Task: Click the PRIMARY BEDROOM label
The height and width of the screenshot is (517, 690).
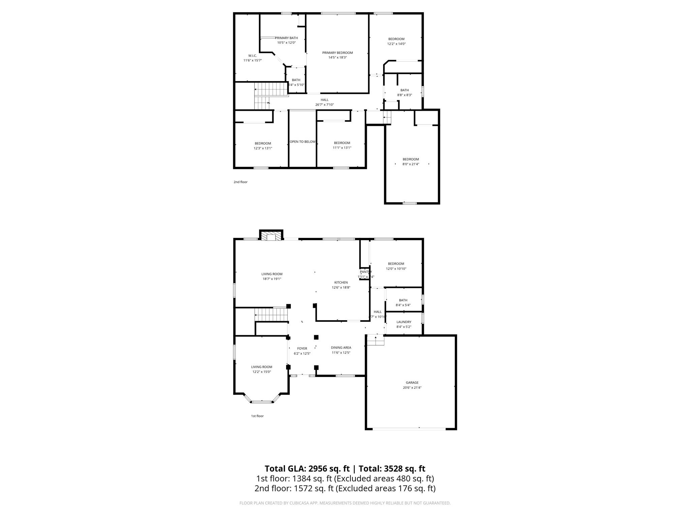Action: click(x=337, y=53)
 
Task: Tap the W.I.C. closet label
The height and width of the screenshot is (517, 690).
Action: click(x=252, y=56)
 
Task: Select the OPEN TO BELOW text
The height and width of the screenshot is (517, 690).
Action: click(x=303, y=142)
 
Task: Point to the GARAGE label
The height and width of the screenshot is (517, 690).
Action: click(x=412, y=383)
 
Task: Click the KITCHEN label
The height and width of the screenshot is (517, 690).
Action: click(x=341, y=283)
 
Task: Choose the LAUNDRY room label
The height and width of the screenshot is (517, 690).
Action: click(x=404, y=322)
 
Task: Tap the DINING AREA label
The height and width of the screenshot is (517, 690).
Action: click(x=341, y=348)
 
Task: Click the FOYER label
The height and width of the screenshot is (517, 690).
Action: click(x=302, y=349)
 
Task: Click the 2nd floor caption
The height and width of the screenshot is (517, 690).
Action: click(x=241, y=182)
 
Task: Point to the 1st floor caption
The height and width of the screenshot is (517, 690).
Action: click(x=257, y=416)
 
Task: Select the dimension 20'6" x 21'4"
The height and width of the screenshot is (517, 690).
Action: click(x=412, y=388)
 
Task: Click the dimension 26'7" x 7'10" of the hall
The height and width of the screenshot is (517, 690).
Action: click(x=324, y=105)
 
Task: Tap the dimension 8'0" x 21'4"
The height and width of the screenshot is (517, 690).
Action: click(x=411, y=164)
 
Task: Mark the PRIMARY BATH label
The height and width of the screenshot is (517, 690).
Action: click(x=286, y=38)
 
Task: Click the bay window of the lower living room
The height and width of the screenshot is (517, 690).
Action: click(x=262, y=402)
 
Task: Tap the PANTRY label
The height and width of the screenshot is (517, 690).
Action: click(x=366, y=272)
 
